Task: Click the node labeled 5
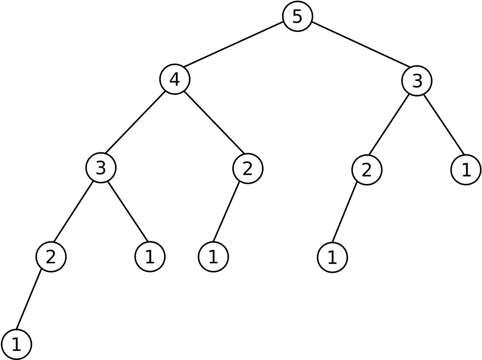(297, 17)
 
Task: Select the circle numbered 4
(175, 80)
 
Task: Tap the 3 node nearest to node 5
(417, 81)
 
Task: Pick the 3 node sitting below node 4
(101, 168)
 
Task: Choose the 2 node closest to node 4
(248, 169)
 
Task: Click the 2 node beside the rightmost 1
(367, 170)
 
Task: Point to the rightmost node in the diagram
(466, 170)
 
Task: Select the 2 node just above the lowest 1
(51, 257)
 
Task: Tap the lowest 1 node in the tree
(17, 344)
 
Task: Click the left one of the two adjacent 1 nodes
(150, 257)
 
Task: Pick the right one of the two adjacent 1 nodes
(213, 257)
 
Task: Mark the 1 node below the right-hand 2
(332, 258)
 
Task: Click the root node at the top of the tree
(297, 17)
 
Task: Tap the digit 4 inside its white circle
(175, 80)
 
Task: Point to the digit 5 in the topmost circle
(297, 17)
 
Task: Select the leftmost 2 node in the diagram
(51, 257)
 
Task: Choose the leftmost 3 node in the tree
(101, 168)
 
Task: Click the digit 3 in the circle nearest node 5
(417, 81)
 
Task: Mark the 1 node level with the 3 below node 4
(466, 170)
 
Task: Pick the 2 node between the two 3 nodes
(248, 169)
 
